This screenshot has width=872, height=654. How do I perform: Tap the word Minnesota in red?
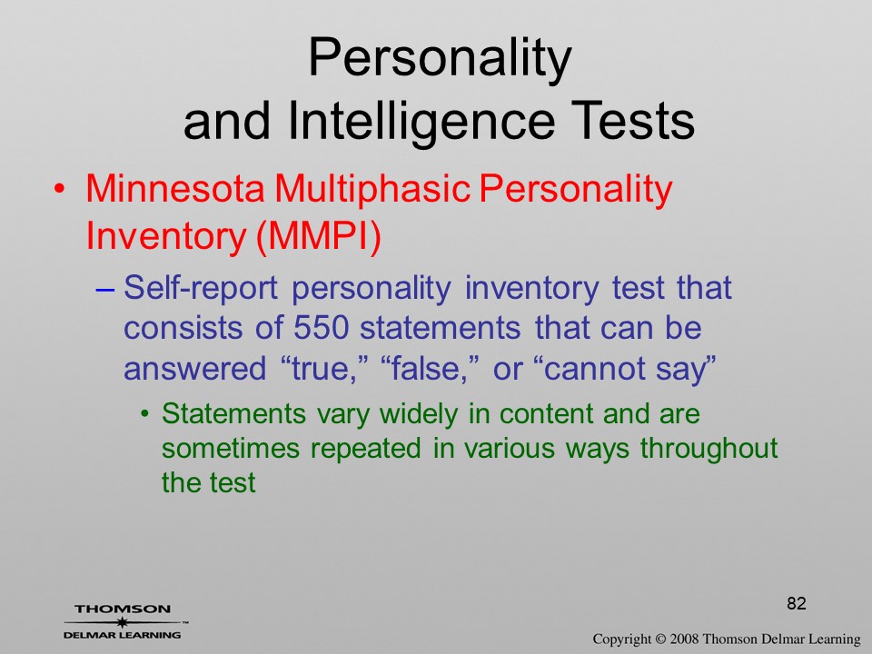click(x=174, y=188)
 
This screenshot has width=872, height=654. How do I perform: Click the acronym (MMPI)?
click(x=319, y=237)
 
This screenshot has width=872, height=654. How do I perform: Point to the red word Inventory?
click(x=165, y=237)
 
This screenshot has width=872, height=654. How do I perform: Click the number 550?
click(x=321, y=328)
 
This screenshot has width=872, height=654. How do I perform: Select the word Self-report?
click(x=200, y=288)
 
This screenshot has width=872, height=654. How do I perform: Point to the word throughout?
click(x=708, y=449)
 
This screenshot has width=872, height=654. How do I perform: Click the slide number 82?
click(x=797, y=603)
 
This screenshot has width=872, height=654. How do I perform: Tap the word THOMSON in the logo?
click(x=123, y=609)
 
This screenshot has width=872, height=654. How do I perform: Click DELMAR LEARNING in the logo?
click(x=122, y=635)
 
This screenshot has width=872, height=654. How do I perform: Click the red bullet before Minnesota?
click(x=59, y=189)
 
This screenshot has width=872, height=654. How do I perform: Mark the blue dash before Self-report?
click(x=105, y=291)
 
